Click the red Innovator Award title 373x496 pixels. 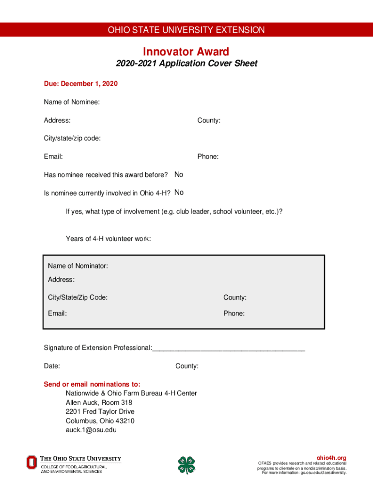click(186, 51)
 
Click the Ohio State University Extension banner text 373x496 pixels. click(186, 30)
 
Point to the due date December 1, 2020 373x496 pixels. click(81, 84)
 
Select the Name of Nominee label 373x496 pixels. click(72, 102)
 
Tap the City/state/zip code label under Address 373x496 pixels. click(72, 138)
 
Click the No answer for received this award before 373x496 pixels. click(179, 174)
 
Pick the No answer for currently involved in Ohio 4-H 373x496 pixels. click(179, 192)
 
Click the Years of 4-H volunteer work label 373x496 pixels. click(108, 238)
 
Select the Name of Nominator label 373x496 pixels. click(78, 266)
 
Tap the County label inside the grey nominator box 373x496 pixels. click(234, 297)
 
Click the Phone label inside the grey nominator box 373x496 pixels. click(233, 313)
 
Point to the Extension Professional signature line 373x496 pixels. click(228, 348)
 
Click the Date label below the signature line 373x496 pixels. click(52, 366)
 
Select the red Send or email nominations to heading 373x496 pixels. click(92, 384)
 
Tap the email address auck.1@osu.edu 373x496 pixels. click(91, 430)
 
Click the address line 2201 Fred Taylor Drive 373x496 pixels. click(100, 412)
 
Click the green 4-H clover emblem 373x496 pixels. click(186, 465)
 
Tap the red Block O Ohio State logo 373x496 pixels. click(31, 462)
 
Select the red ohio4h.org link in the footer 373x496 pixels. click(331, 458)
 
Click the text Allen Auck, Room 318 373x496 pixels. click(99, 403)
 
